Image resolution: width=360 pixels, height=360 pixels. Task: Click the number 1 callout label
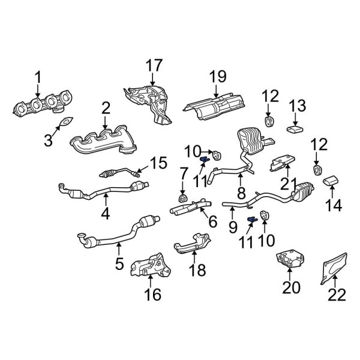[x=38, y=77]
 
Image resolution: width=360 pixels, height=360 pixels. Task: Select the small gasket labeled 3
[x=63, y=125]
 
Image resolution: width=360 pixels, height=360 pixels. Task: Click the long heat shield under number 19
[x=217, y=109]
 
